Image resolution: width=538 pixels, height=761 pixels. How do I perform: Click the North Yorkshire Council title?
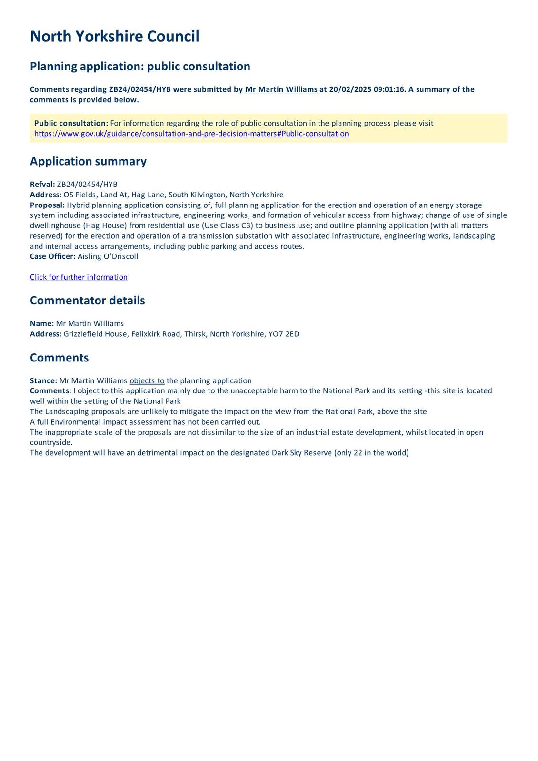pos(114,37)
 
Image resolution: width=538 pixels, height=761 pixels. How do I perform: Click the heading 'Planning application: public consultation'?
pos(140,66)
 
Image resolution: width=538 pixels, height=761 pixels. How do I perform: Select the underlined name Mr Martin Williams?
pos(281,89)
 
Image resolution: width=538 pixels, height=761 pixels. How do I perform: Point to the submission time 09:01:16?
pos(388,89)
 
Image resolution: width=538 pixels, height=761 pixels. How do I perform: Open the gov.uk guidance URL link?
pos(191,134)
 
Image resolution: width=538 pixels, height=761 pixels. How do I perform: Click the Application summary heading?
pos(88,161)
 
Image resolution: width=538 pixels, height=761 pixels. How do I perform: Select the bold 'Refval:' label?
pos(42,185)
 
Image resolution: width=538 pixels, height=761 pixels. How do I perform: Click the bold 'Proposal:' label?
pos(47,205)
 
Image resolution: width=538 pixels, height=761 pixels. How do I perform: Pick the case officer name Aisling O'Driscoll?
pos(108,256)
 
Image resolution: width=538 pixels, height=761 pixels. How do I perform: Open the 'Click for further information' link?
pos(79,277)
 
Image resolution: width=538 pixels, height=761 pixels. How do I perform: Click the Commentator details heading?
pos(87,301)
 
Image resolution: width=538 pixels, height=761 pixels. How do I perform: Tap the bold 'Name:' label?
pos(42,323)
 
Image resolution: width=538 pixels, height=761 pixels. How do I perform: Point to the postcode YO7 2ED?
pos(284,334)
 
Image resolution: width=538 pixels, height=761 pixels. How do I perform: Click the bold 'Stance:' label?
pos(43,380)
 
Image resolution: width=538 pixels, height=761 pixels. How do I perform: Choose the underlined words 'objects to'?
pos(147,380)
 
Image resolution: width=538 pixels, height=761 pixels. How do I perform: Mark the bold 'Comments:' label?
pos(50,391)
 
